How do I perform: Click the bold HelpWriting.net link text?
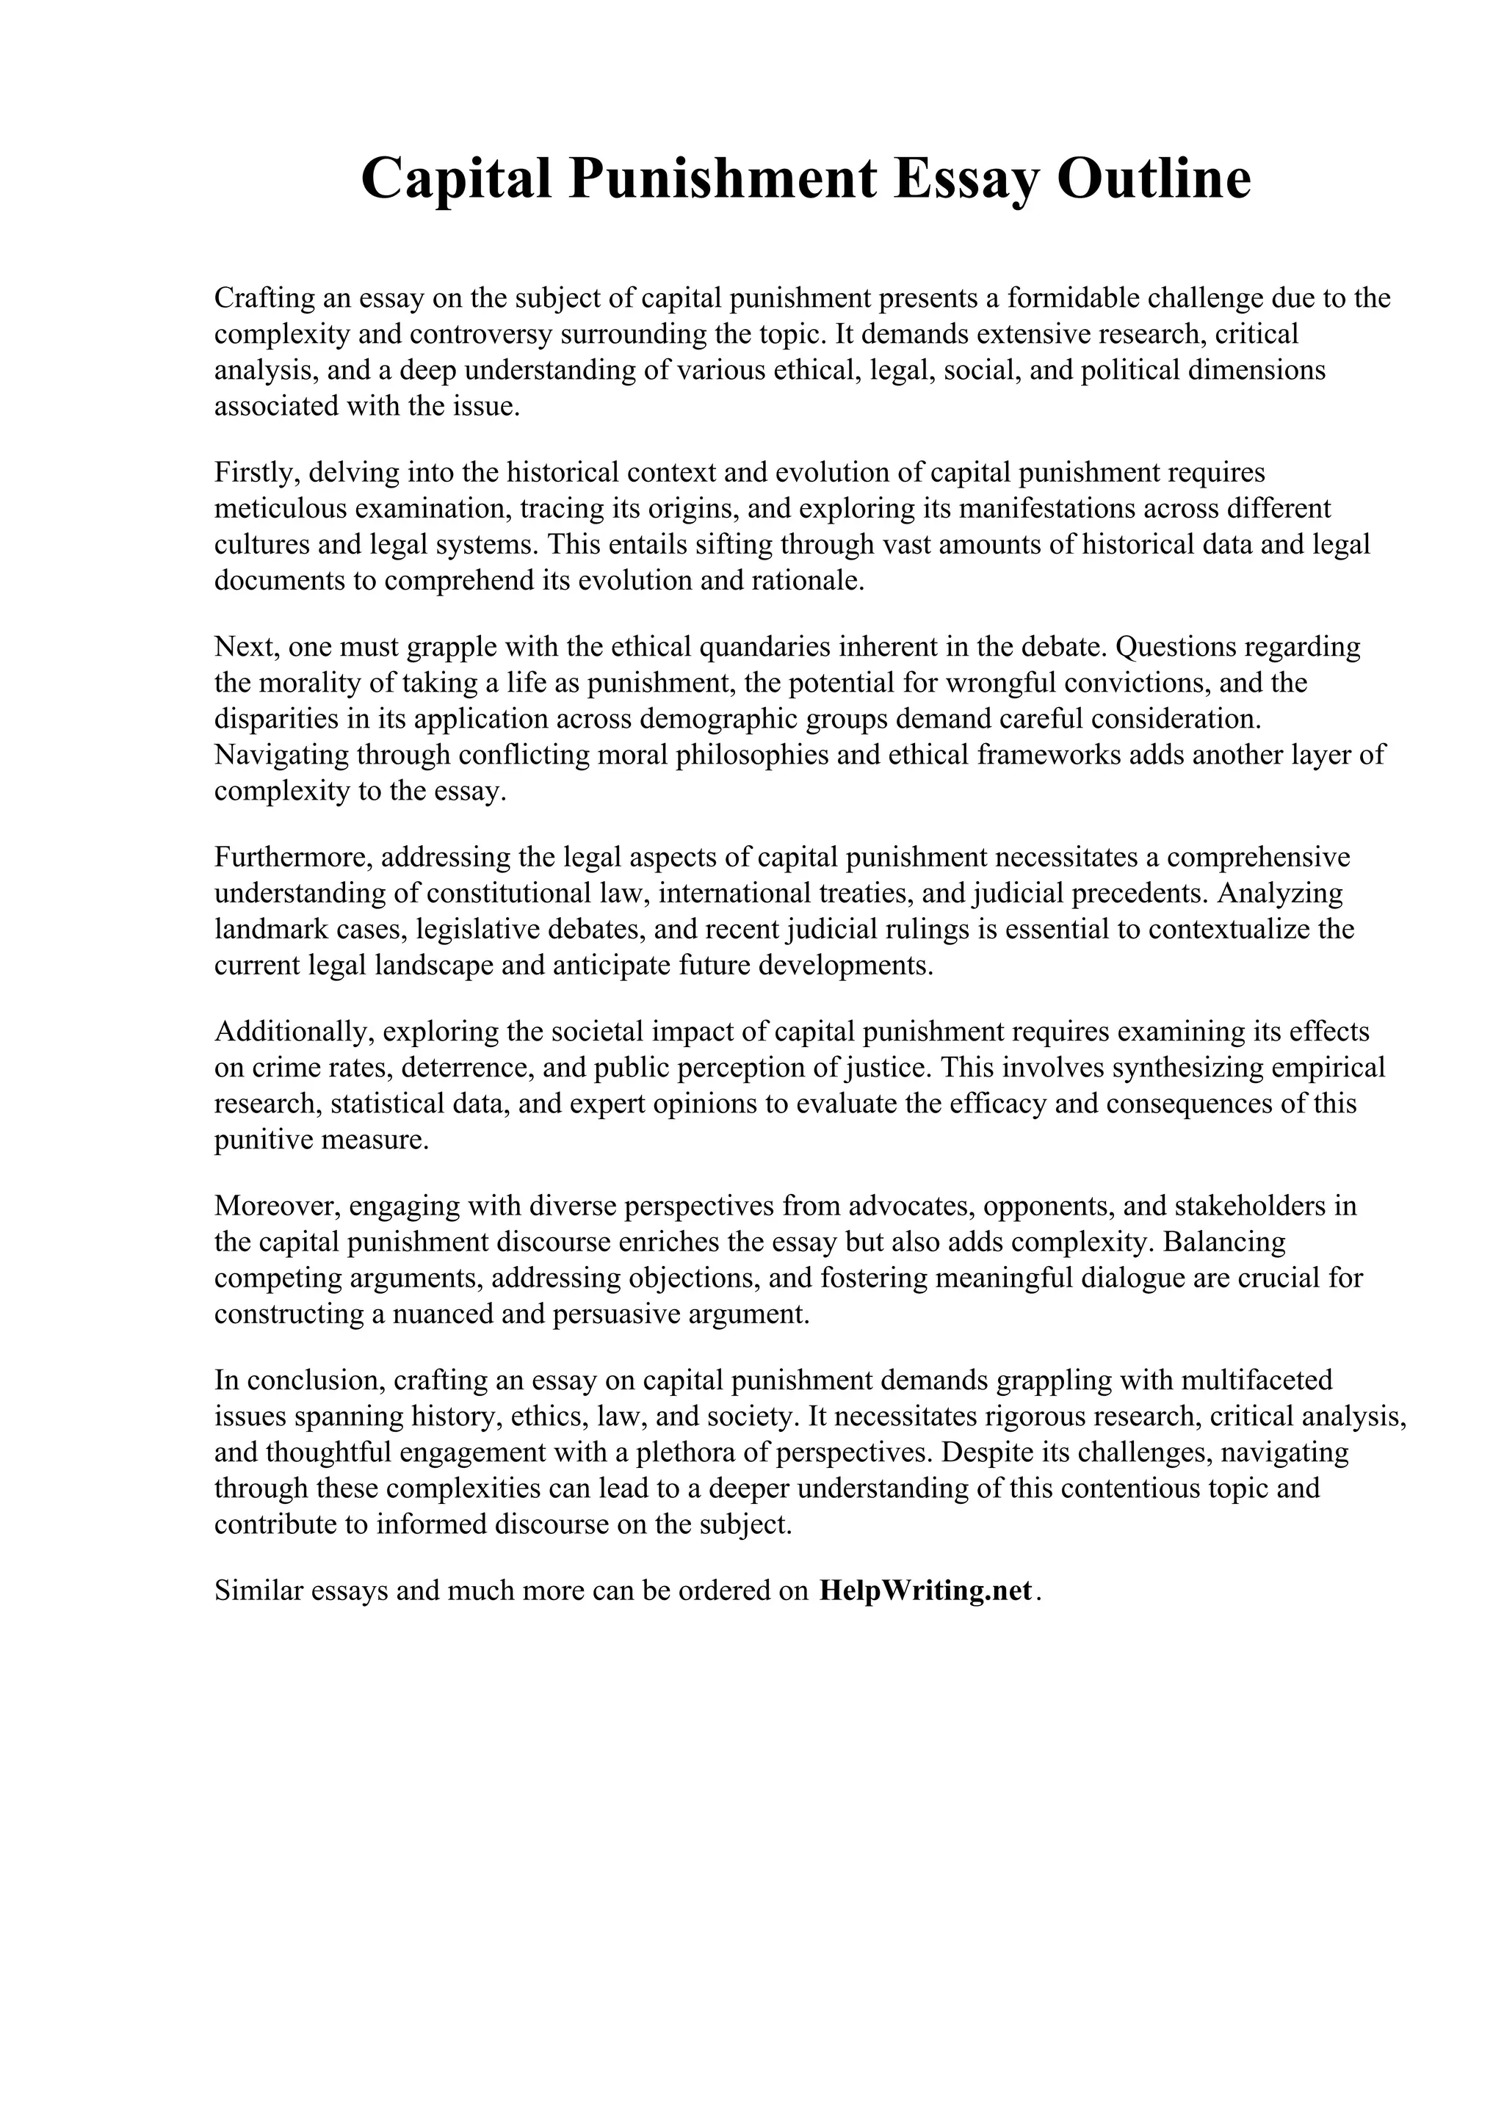[925, 1590]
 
